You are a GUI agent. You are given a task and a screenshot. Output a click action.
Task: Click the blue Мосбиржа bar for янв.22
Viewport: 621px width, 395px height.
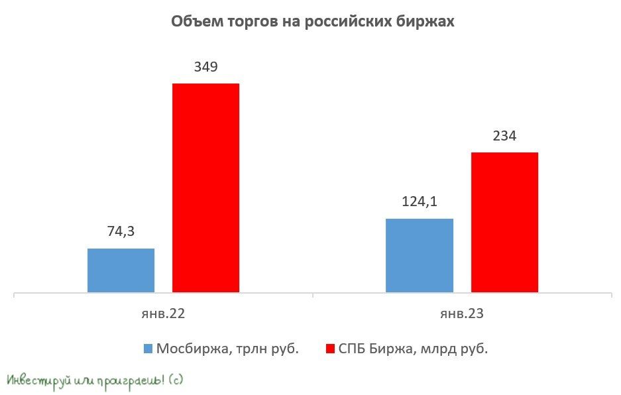pyautogui.click(x=121, y=270)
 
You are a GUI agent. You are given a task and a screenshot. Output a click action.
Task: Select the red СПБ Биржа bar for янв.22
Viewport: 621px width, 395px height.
pyautogui.click(x=205, y=188)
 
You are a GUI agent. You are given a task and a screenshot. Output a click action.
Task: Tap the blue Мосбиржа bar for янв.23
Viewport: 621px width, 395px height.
pyautogui.click(x=420, y=255)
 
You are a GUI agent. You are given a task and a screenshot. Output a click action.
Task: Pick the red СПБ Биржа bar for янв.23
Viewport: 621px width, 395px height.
pyautogui.click(x=504, y=222)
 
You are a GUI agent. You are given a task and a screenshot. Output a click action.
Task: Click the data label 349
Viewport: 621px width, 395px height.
pyautogui.click(x=205, y=68)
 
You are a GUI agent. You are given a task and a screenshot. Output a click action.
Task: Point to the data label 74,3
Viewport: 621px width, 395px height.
pyautogui.click(x=121, y=232)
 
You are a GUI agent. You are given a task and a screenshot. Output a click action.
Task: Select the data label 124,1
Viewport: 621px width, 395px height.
pyautogui.click(x=420, y=202)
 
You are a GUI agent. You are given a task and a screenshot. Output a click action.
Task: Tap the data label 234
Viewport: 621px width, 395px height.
pyautogui.click(x=504, y=137)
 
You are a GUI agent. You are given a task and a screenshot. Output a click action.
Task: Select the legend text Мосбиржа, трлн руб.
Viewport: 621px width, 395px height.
pyautogui.click(x=227, y=349)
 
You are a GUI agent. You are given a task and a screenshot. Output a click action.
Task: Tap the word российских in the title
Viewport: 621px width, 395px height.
pyautogui.click(x=344, y=22)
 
